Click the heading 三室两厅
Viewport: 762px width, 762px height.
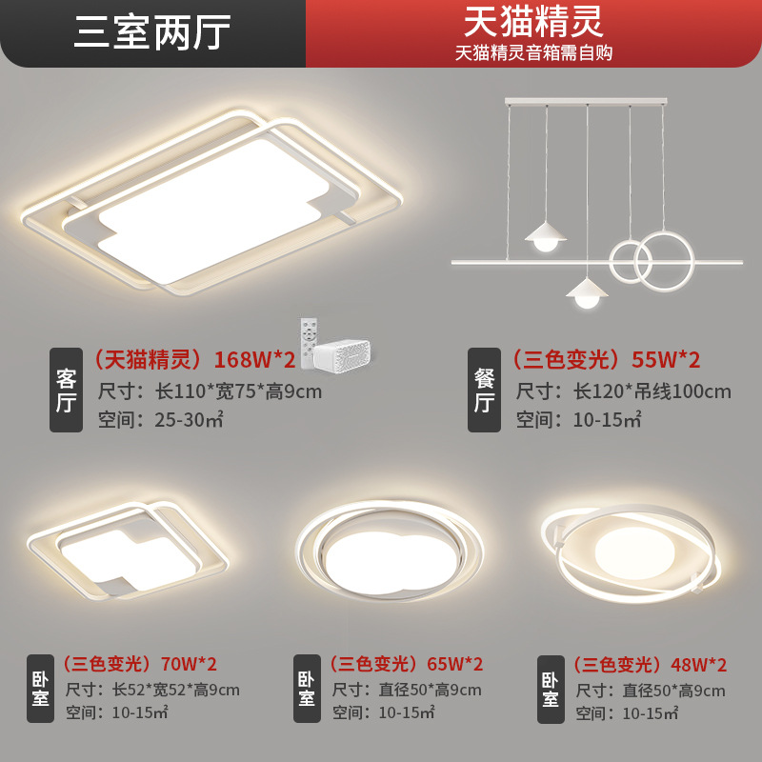tap(152, 33)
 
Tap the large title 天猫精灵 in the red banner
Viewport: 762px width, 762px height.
tap(533, 21)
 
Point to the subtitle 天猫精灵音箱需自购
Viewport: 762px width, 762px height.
tap(533, 52)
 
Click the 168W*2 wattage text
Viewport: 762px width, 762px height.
tap(254, 360)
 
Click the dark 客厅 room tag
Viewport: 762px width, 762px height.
tap(66, 391)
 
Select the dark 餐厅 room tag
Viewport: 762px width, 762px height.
tap(484, 391)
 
